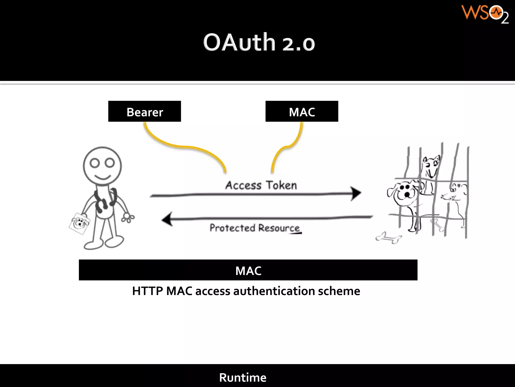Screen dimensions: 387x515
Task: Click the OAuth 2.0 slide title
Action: pyautogui.click(x=259, y=42)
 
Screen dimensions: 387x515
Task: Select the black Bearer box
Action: pyautogui.click(x=145, y=111)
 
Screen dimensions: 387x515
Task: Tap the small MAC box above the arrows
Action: pyautogui.click(x=302, y=111)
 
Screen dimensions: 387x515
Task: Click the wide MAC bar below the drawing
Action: pyautogui.click(x=248, y=270)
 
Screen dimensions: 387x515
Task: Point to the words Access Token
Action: pyautogui.click(x=261, y=185)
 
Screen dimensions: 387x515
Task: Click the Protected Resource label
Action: pyautogui.click(x=254, y=228)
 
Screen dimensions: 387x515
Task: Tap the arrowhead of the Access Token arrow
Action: pyautogui.click(x=356, y=193)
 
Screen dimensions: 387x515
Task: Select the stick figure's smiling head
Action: pyautogui.click(x=102, y=166)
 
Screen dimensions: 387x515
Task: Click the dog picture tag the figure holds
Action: pyautogui.click(x=79, y=223)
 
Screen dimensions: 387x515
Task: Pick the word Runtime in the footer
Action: pyautogui.click(x=243, y=377)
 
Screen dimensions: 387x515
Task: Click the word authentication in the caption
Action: pyautogui.click(x=274, y=291)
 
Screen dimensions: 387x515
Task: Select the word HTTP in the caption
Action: pyautogui.click(x=148, y=291)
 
